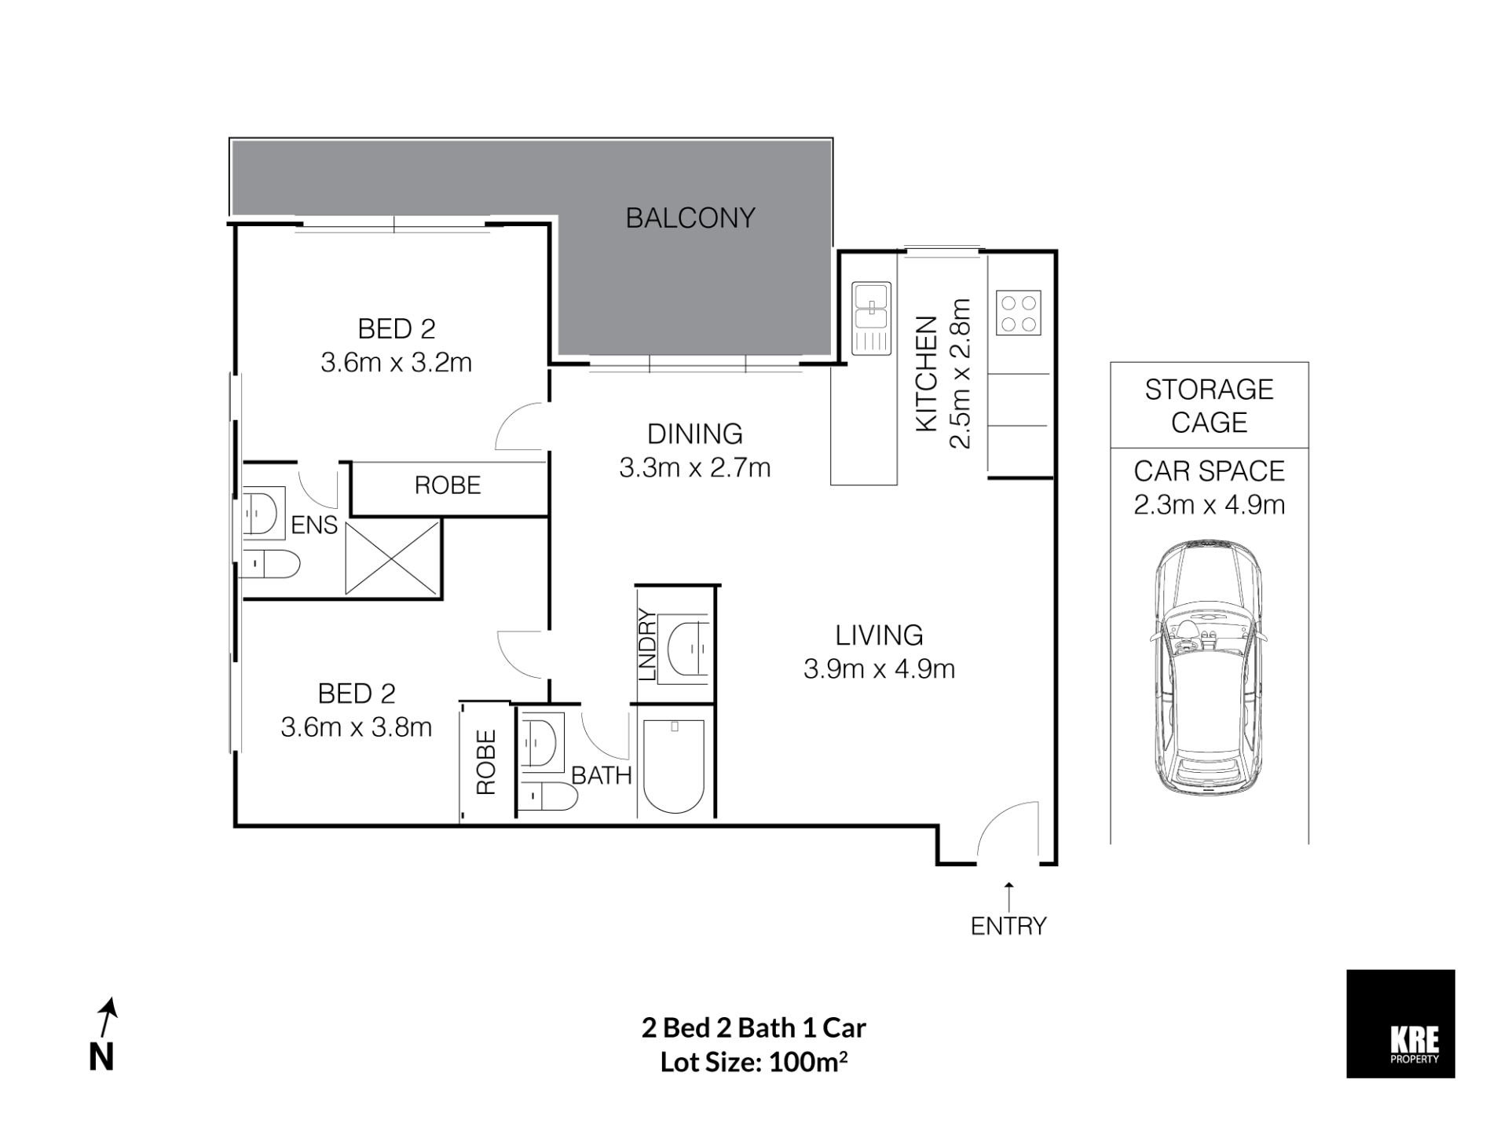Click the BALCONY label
click(690, 218)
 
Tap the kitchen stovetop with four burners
click(1019, 313)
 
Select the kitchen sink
click(872, 318)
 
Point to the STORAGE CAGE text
click(1210, 406)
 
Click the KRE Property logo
click(1400, 1023)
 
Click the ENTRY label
click(1008, 926)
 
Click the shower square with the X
click(392, 558)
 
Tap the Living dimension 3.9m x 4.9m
click(879, 669)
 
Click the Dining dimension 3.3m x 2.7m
click(695, 468)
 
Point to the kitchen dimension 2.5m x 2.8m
click(961, 374)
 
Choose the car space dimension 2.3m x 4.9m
click(1210, 504)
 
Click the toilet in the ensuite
click(269, 564)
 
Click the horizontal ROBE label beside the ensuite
click(448, 485)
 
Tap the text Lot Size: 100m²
click(754, 1062)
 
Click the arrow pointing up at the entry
click(1009, 896)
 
